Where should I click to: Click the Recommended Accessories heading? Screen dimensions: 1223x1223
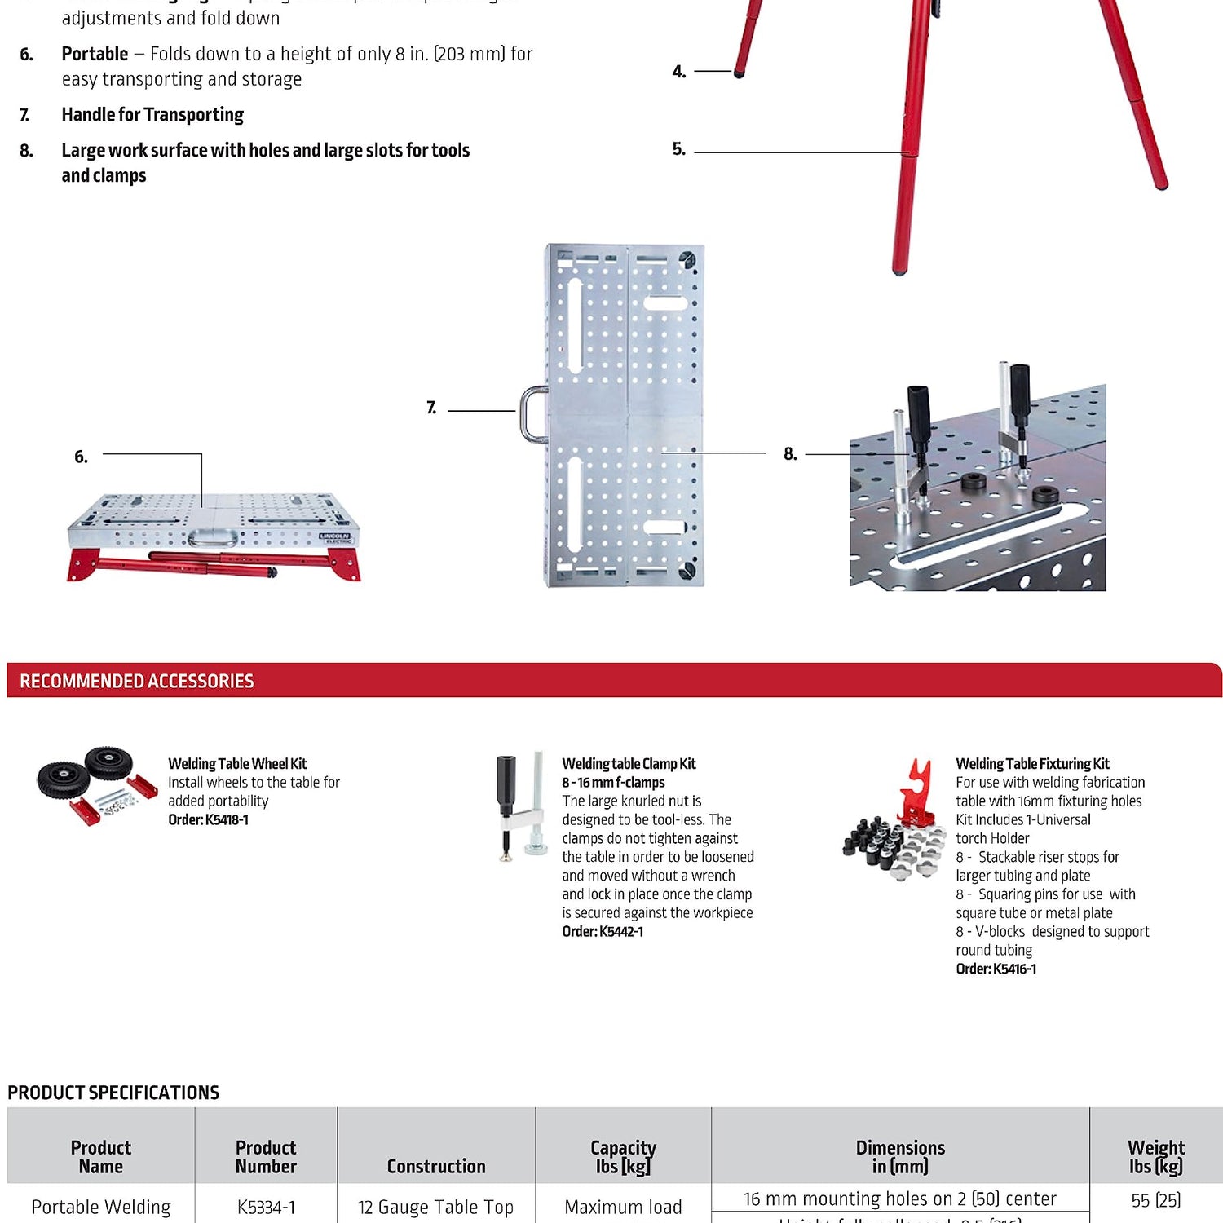[136, 681]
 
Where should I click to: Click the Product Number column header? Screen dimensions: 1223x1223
[266, 1157]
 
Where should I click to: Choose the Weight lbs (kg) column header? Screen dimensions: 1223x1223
[1155, 1157]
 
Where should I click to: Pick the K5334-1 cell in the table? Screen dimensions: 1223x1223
[266, 1207]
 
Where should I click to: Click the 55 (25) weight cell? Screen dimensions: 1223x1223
[1155, 1200]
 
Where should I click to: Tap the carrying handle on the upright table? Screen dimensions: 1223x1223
[532, 413]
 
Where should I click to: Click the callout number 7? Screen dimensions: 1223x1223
[431, 408]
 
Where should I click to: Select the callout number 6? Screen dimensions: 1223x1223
[81, 457]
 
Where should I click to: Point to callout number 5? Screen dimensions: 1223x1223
[678, 149]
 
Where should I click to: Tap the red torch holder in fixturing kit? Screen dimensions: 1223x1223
[918, 791]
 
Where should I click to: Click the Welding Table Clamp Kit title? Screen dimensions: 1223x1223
[629, 764]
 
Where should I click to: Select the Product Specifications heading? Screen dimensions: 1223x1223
[113, 1093]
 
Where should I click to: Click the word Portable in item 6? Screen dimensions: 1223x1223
[95, 54]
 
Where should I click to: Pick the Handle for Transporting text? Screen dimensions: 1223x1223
[152, 115]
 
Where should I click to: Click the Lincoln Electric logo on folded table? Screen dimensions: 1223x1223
[335, 538]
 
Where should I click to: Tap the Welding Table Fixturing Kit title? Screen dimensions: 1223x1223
[1032, 764]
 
